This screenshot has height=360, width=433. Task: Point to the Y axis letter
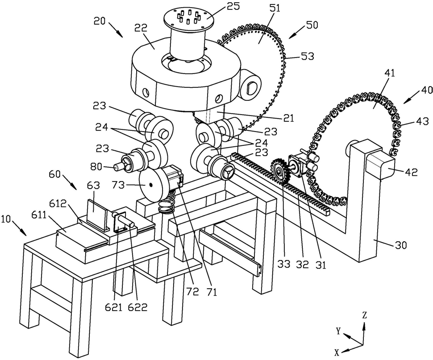[x=339, y=331]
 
